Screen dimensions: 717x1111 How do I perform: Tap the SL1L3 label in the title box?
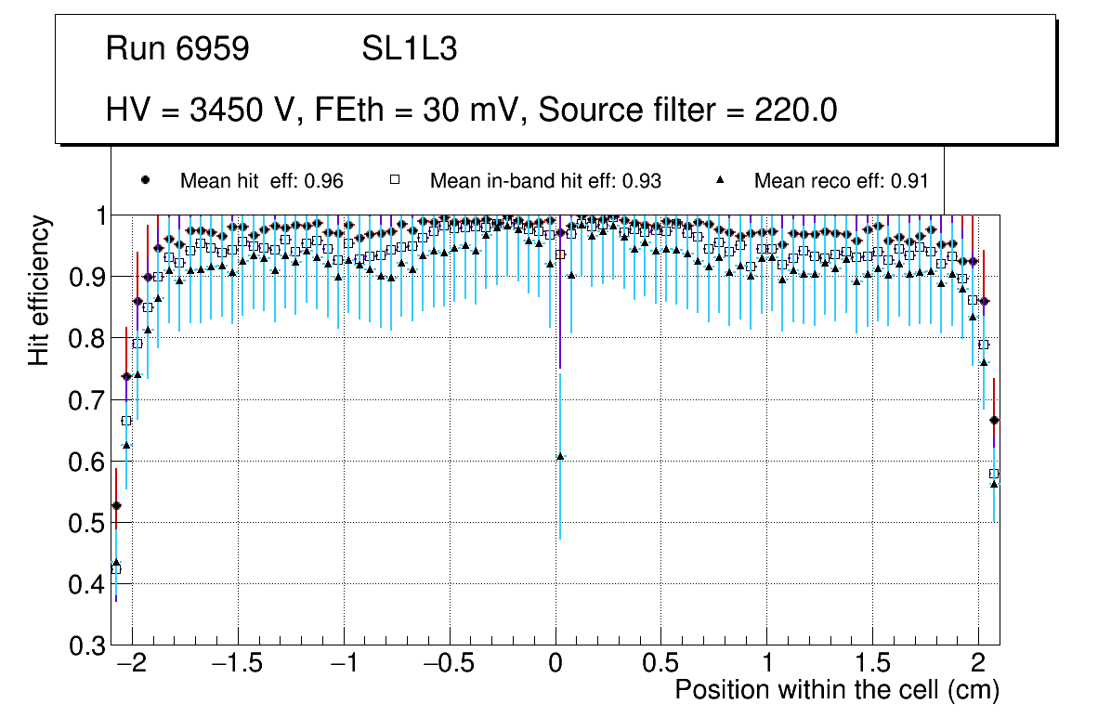[409, 49]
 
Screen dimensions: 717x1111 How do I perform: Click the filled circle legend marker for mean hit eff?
[144, 180]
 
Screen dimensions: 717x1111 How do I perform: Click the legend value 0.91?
[909, 180]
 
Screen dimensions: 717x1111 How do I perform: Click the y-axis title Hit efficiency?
[40, 290]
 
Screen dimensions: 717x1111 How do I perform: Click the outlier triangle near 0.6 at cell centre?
[560, 456]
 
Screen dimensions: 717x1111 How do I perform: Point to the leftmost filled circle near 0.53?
[116, 505]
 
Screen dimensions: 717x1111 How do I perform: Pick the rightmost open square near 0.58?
[994, 474]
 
